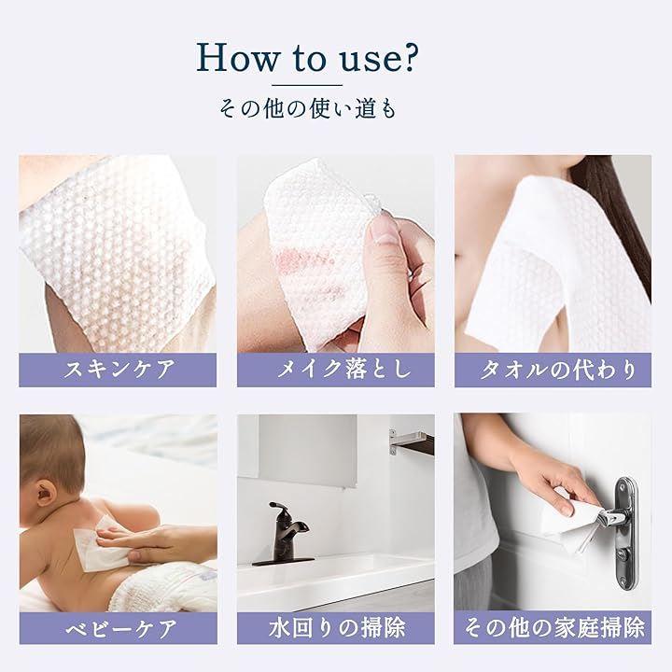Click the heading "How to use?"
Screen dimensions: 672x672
(307, 57)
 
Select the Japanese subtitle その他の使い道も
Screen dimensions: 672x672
(307, 108)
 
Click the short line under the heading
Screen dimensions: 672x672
(307, 85)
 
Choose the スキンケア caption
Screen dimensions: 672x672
(119, 370)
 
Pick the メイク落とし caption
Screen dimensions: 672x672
(343, 370)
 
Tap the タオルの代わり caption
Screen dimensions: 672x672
(557, 370)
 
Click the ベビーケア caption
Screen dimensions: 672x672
(121, 629)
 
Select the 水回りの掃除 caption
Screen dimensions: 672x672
(337, 628)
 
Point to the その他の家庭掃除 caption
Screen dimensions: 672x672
(554, 628)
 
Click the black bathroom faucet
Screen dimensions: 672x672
(284, 535)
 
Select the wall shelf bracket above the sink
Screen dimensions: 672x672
(411, 441)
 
